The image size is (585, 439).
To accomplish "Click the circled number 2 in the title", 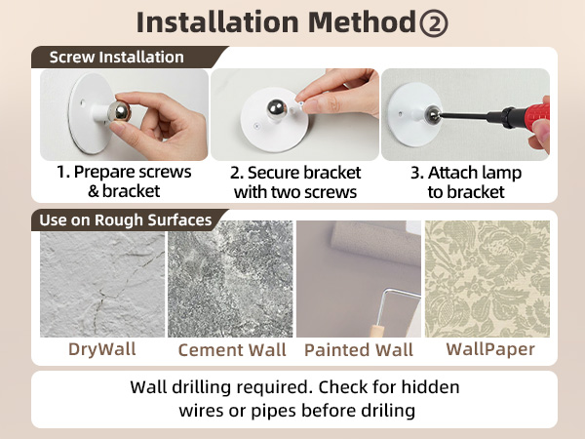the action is point(433,23).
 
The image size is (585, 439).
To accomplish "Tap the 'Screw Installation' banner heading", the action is point(116,58).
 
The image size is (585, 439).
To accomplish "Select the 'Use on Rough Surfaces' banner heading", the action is point(126,220).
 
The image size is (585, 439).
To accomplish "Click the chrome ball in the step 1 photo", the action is point(119,110).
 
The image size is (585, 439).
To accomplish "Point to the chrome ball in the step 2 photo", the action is point(277,109).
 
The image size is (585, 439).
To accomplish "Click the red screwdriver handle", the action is point(531,114).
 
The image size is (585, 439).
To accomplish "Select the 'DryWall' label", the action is point(102,349).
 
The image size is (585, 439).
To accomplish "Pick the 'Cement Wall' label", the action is point(232,350).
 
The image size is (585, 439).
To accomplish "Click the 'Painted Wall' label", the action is point(359,350).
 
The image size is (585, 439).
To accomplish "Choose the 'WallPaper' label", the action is point(490,349).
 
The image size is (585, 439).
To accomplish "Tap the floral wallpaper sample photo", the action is point(487,279).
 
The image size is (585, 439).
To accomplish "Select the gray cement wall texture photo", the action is point(230,279).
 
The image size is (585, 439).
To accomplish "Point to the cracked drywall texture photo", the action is point(102,284).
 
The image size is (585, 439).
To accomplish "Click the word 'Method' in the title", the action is point(362,22).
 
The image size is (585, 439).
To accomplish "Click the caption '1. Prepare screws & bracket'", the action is point(124,181).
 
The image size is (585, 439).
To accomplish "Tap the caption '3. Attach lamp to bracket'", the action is point(466,182).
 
